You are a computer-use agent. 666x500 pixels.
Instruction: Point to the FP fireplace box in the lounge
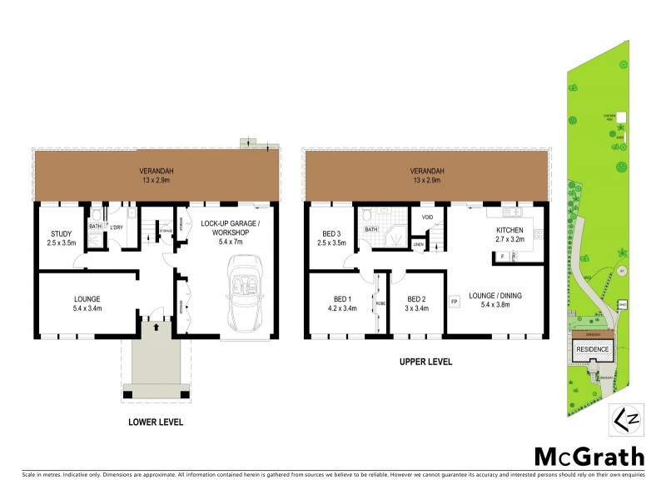coord(455,301)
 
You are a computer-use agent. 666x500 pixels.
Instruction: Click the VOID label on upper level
coord(428,217)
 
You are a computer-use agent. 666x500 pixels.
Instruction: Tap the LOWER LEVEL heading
coord(156,422)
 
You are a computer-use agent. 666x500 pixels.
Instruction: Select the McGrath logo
coord(589,456)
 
